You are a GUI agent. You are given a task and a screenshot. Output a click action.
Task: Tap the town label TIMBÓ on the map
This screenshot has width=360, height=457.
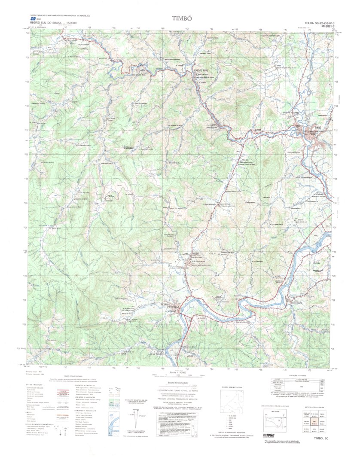[x=318, y=127]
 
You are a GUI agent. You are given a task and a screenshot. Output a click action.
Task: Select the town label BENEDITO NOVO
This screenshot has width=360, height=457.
[x=201, y=70]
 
